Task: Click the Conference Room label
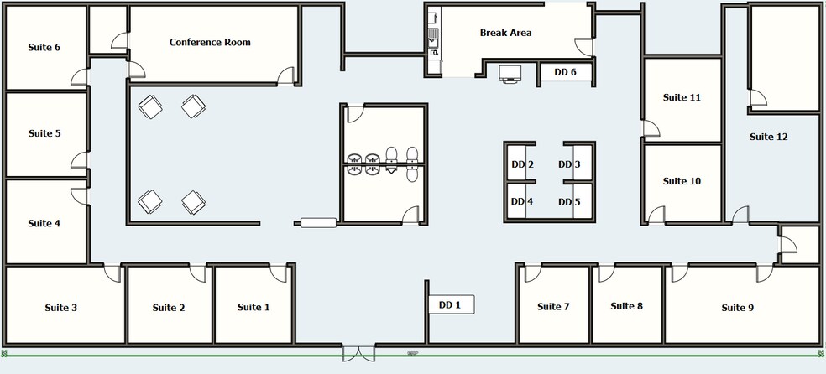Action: pyautogui.click(x=210, y=42)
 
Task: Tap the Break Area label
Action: pyautogui.click(x=505, y=33)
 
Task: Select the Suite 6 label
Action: pyautogui.click(x=44, y=47)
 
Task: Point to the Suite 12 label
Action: pyautogui.click(x=769, y=137)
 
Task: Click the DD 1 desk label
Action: pyautogui.click(x=450, y=304)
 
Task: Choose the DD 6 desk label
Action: pyautogui.click(x=565, y=72)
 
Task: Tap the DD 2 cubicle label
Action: pyautogui.click(x=523, y=164)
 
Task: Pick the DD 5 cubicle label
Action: pyautogui.click(x=569, y=202)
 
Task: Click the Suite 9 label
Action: pyautogui.click(x=738, y=308)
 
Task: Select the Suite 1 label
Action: pyautogui.click(x=254, y=307)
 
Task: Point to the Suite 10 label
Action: pyautogui.click(x=682, y=181)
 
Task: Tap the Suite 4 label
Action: pyautogui.click(x=44, y=224)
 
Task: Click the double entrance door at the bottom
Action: pyautogui.click(x=358, y=353)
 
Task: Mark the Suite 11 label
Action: pyautogui.click(x=682, y=97)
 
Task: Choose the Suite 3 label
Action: pyautogui.click(x=61, y=308)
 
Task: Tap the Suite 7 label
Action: pyautogui.click(x=553, y=307)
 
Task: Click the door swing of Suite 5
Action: pyautogui.click(x=79, y=160)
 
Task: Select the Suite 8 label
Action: pyautogui.click(x=626, y=306)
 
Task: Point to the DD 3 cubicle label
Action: pyautogui.click(x=569, y=164)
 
